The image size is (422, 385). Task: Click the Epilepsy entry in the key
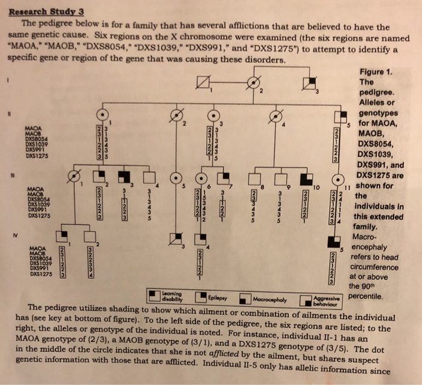(208, 297)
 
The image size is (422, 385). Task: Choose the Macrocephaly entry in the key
(259, 298)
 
